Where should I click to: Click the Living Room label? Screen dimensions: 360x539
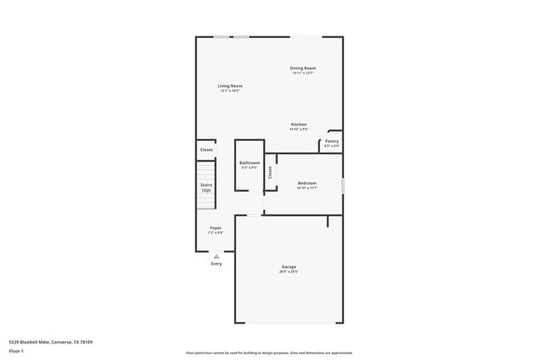coord(230,85)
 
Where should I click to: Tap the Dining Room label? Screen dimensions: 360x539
coord(303,68)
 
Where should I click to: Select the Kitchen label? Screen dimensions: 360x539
coord(299,124)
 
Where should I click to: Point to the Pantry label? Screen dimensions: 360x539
coord(332,141)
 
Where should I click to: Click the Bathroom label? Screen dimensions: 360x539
coord(250,163)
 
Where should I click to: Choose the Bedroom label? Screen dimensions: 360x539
coord(307,182)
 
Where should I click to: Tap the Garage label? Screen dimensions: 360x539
coord(289,266)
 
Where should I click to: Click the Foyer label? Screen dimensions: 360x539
coord(215,227)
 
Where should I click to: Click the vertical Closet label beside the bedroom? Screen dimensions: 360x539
coord(270,173)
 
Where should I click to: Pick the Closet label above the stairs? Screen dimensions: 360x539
coord(206,149)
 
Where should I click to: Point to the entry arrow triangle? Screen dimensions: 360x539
coord(216,256)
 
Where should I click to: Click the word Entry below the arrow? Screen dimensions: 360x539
coord(216,264)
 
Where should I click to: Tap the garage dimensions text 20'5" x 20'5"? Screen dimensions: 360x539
coord(289,271)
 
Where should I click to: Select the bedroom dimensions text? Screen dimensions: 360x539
coord(307,187)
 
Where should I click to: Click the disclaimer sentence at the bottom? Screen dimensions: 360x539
coord(269,353)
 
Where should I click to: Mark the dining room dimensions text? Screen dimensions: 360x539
coord(303,73)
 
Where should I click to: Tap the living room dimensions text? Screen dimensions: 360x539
coord(230,90)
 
